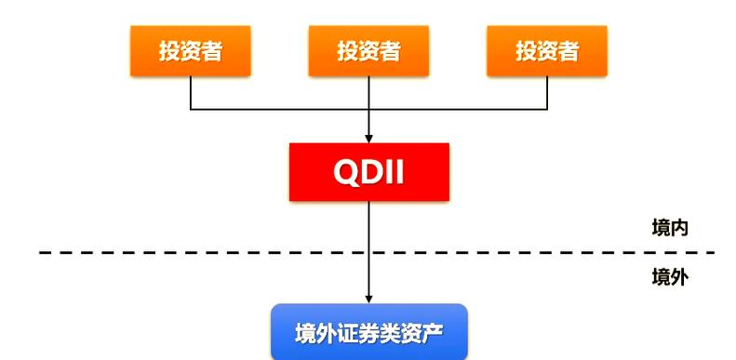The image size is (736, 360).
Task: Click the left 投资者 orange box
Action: click(190, 50)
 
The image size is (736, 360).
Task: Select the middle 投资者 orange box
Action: click(368, 50)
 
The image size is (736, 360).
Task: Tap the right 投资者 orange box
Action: click(547, 50)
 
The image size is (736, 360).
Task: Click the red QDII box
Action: click(368, 172)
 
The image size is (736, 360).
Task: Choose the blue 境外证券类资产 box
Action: click(368, 333)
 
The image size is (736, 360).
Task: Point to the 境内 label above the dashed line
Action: click(670, 228)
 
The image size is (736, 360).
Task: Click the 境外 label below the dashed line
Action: click(670, 276)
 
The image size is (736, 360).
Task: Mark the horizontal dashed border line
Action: click(233, 252)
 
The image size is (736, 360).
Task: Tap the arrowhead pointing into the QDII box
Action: click(369, 138)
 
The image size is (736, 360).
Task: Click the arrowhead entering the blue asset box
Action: click(369, 299)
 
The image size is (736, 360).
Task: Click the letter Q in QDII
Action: click(346, 172)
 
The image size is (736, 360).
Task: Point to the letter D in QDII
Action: click(371, 172)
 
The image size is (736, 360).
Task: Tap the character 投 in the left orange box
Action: click(169, 50)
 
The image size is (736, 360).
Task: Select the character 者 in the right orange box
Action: click(569, 50)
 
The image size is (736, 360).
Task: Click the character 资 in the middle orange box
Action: click(368, 50)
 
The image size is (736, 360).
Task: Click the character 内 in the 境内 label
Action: click(679, 228)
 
